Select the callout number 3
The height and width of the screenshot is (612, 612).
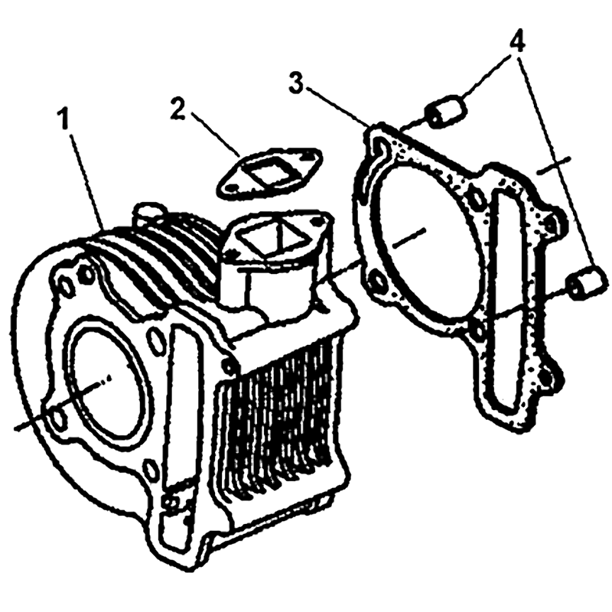click(x=297, y=83)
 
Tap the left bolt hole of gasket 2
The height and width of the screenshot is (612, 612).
click(x=233, y=187)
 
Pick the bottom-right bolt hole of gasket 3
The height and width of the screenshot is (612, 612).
click(x=545, y=376)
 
